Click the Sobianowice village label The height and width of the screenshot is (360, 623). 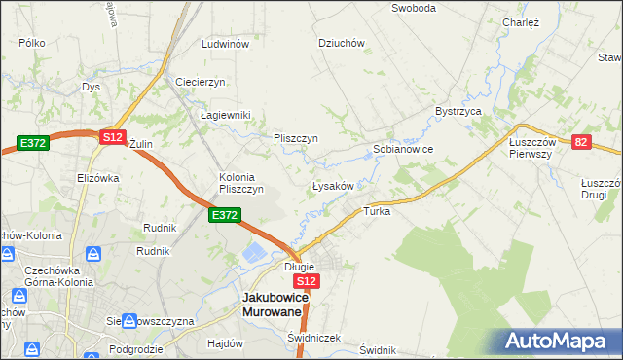pyautogui.click(x=402, y=150)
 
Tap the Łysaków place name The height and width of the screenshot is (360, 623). pyautogui.click(x=338, y=185)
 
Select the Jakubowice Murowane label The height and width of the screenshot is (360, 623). pyautogui.click(x=276, y=305)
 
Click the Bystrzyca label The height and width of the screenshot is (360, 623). pyautogui.click(x=459, y=112)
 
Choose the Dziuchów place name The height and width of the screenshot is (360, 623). pyautogui.click(x=341, y=43)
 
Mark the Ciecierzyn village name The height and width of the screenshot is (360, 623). pyautogui.click(x=201, y=81)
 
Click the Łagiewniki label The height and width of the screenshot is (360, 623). pyautogui.click(x=225, y=115)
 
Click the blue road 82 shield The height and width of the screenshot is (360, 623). pyautogui.click(x=582, y=142)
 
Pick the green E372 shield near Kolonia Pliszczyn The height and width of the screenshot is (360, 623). pyautogui.click(x=224, y=214)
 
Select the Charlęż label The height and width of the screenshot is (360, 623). pyautogui.click(x=521, y=22)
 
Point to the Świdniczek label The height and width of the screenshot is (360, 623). pyautogui.click(x=313, y=338)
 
